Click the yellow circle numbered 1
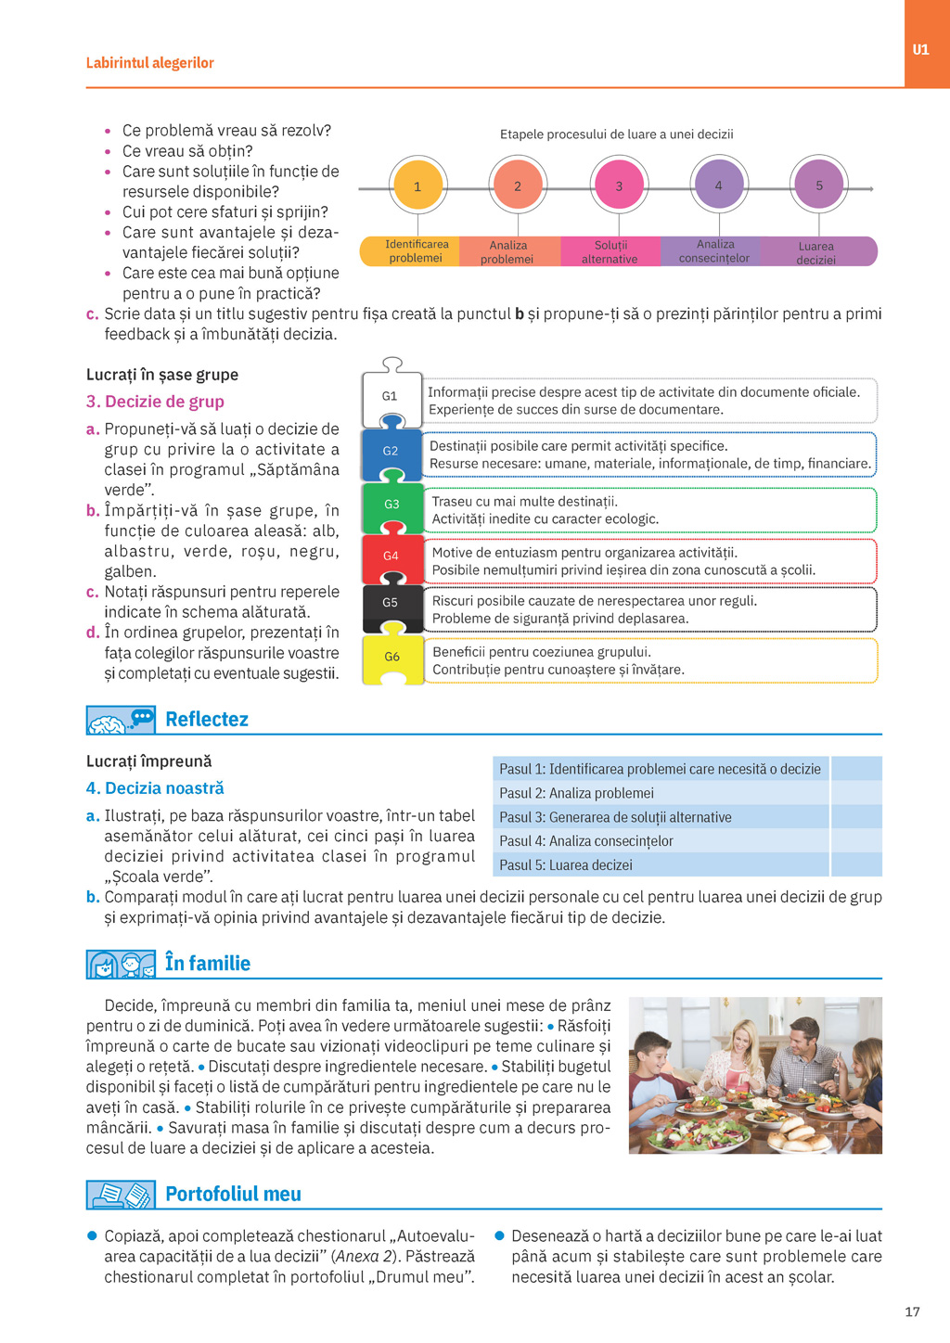click(x=418, y=186)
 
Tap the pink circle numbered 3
click(x=619, y=186)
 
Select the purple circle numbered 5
click(x=818, y=185)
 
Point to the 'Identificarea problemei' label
click(x=417, y=251)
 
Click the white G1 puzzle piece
click(x=391, y=396)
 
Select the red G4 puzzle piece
click(x=392, y=556)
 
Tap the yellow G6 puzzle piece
click(x=392, y=658)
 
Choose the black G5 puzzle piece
click(x=392, y=603)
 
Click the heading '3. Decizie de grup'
click(x=155, y=402)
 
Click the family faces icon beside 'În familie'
click(x=121, y=965)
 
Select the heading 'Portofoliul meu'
click(x=233, y=1194)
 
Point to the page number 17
click(x=912, y=1311)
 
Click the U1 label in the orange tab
click(x=920, y=50)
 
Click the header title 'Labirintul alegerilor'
click(x=150, y=63)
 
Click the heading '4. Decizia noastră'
click(x=155, y=788)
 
